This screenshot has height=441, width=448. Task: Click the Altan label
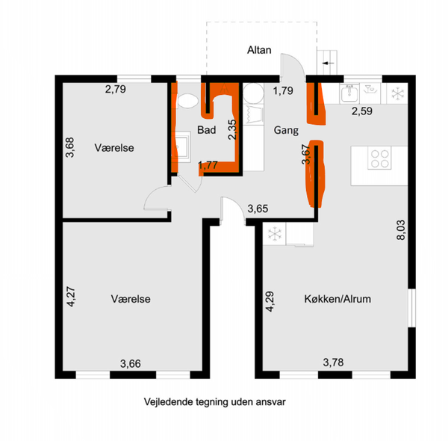(259, 50)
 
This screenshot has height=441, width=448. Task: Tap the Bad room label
(207, 130)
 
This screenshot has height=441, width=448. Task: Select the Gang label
(286, 130)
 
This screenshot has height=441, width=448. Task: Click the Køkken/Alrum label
(337, 299)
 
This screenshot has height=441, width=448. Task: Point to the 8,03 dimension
(401, 229)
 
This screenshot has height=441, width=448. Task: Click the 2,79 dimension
(116, 89)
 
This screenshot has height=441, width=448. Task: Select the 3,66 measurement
(130, 364)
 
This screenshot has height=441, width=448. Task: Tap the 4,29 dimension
(270, 301)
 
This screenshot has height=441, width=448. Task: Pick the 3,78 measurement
(333, 363)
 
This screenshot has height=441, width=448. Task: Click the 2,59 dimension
(361, 111)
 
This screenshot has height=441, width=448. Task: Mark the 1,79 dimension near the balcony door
(283, 90)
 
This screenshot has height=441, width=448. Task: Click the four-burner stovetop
(379, 158)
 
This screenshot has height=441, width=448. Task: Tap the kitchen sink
(349, 93)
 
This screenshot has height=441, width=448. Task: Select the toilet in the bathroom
(187, 101)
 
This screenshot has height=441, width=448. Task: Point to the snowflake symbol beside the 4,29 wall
(274, 234)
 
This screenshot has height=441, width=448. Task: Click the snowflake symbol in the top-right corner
(397, 93)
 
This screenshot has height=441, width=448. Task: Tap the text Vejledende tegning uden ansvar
(214, 402)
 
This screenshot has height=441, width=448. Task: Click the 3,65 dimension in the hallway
(258, 209)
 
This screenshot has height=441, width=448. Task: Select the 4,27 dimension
(71, 297)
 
